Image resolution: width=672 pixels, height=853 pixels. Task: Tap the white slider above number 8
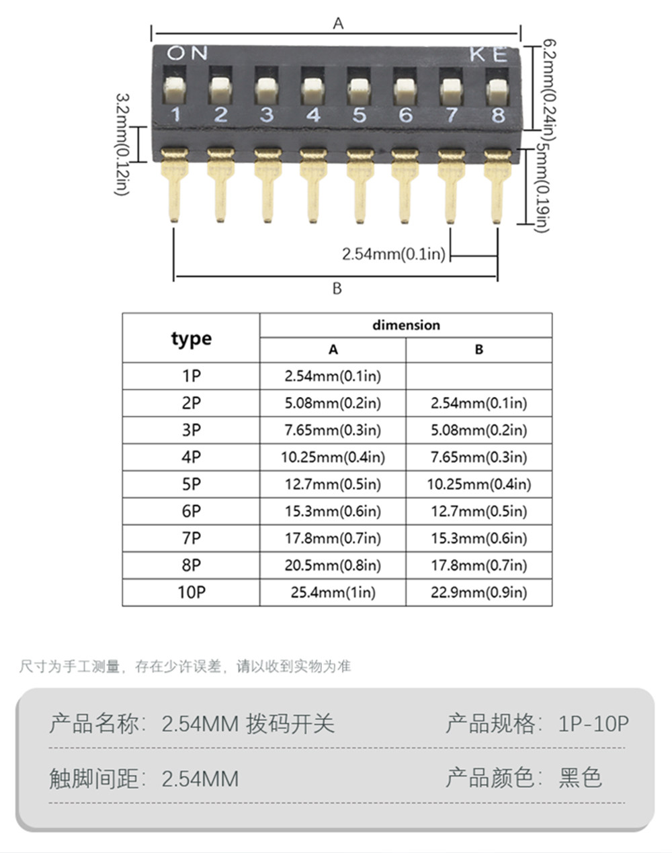point(497,91)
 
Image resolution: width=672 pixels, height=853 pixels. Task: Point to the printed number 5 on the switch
point(359,115)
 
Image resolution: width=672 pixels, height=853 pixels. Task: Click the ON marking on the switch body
point(187,53)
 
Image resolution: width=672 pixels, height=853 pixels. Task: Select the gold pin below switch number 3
point(267,185)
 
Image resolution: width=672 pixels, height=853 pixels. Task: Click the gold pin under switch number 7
point(451,186)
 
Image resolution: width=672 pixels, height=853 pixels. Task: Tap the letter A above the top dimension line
point(338,24)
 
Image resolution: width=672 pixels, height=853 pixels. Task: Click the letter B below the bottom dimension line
point(337,288)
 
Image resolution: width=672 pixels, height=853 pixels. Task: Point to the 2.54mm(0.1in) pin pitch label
point(394,254)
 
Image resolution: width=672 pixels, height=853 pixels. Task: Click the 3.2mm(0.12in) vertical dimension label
point(122,144)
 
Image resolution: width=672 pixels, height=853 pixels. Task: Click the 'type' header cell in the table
point(192,338)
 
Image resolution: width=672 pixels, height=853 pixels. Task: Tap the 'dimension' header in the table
point(406,325)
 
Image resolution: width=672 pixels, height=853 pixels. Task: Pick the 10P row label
point(192,592)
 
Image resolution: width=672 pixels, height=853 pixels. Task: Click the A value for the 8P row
point(333,566)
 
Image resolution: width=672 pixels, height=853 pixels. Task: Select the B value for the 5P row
point(479,484)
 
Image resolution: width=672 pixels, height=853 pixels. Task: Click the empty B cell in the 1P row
point(479,376)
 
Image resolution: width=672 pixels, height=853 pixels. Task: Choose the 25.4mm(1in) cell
point(333,592)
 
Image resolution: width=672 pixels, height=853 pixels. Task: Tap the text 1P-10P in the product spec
point(593,723)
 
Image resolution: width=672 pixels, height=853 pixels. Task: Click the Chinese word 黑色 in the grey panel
point(581,778)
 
